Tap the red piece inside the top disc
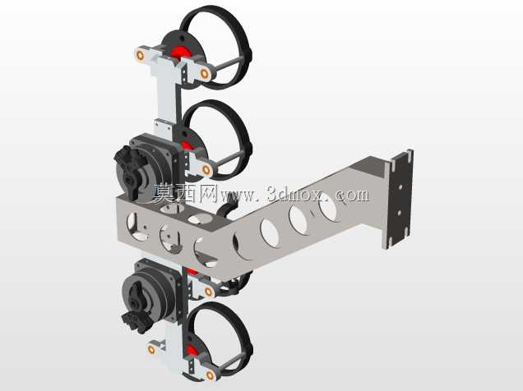point(180,52)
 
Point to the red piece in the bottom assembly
point(191,351)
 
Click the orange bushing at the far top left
point(140,55)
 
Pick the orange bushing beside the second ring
point(206,170)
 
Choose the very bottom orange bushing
point(211,375)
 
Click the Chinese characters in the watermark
point(186,193)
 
